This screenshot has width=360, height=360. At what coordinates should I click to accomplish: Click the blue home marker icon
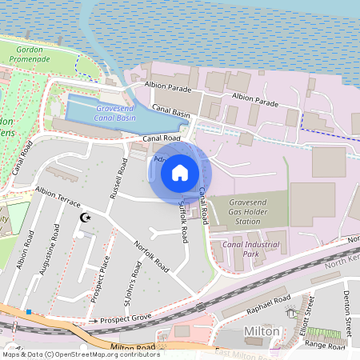[180, 172]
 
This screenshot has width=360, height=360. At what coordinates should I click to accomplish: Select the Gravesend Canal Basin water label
[115, 112]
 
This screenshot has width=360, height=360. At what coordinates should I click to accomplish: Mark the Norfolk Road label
[151, 255]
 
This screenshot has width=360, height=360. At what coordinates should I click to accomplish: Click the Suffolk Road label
[183, 222]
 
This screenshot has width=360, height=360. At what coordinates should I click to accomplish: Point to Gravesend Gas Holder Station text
[246, 212]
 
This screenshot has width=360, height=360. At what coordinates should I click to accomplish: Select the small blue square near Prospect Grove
[29, 312]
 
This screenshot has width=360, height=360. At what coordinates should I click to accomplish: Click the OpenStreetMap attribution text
[80, 354]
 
